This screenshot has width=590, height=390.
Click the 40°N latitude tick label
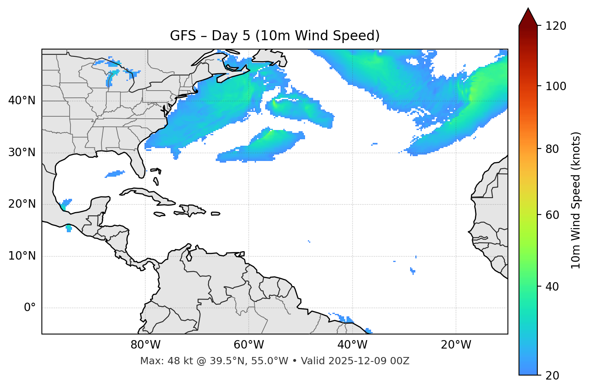[x=22, y=101]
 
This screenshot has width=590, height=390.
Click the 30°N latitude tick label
[x=22, y=153]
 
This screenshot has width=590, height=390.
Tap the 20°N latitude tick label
[x=22, y=204]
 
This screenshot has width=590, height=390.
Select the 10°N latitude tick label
[x=22, y=256]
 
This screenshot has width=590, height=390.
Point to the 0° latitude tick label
[x=30, y=308]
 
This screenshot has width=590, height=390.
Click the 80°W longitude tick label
[x=145, y=345]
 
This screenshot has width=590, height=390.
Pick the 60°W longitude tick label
[x=249, y=345]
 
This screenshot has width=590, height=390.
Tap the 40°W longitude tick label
[x=352, y=345]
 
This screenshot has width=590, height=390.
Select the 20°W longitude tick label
[x=456, y=345]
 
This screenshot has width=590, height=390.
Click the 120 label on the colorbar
[x=555, y=26]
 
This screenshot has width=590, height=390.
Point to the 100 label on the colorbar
[x=555, y=86]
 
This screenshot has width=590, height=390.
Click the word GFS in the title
[x=183, y=36]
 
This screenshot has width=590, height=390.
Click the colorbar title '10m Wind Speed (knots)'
[x=576, y=200]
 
